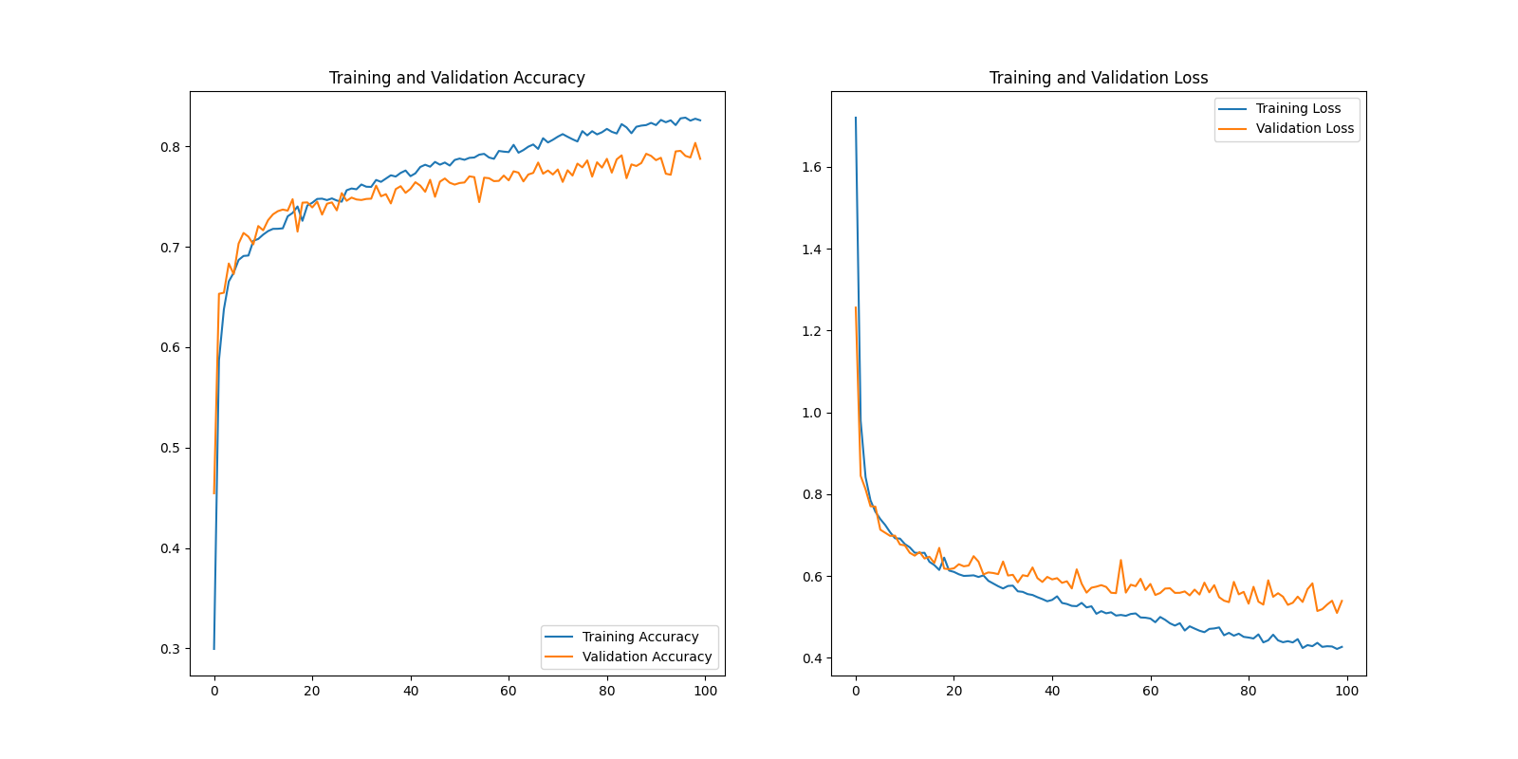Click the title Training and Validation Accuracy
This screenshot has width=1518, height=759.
click(x=456, y=78)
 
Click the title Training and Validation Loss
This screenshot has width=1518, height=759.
click(x=1098, y=78)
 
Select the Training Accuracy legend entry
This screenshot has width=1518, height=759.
click(x=639, y=637)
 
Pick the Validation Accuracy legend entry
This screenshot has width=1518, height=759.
click(x=646, y=657)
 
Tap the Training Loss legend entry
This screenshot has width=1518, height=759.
click(x=1297, y=108)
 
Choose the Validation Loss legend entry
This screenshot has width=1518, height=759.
click(x=1304, y=128)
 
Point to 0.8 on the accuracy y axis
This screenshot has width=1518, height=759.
click(x=170, y=147)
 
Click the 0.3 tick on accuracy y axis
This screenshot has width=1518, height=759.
click(x=170, y=649)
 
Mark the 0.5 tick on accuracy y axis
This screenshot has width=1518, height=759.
click(x=170, y=448)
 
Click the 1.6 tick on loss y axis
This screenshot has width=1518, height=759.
click(x=811, y=167)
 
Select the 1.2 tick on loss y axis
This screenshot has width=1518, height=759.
click(x=811, y=331)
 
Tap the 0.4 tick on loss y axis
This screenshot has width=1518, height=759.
click(x=811, y=658)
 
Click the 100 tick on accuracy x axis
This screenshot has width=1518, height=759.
click(x=705, y=691)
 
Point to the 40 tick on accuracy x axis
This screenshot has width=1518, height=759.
click(x=411, y=691)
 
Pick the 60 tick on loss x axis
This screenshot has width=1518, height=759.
click(x=1150, y=691)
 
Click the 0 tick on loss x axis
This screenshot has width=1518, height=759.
click(x=856, y=691)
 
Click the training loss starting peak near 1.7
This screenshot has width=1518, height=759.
click(x=856, y=119)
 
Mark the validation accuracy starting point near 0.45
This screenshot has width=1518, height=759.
click(x=214, y=492)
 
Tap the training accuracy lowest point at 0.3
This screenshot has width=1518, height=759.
click(x=214, y=648)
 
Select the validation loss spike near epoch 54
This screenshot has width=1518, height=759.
click(x=1120, y=561)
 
